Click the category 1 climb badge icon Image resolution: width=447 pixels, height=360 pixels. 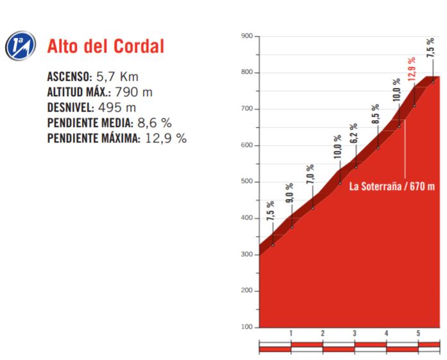17,46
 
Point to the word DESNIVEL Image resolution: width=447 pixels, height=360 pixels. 71,107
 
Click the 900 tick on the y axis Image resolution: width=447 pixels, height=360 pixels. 246,36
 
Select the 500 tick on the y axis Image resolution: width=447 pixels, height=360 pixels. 246,182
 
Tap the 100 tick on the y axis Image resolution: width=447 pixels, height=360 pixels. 246,327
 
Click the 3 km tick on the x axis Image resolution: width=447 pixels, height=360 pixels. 354,333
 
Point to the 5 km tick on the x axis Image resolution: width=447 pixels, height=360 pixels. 418,333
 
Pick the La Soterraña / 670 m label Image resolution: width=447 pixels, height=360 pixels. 392,187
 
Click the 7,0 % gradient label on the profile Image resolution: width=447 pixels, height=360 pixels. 310,175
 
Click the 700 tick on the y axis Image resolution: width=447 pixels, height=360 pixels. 246,109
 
